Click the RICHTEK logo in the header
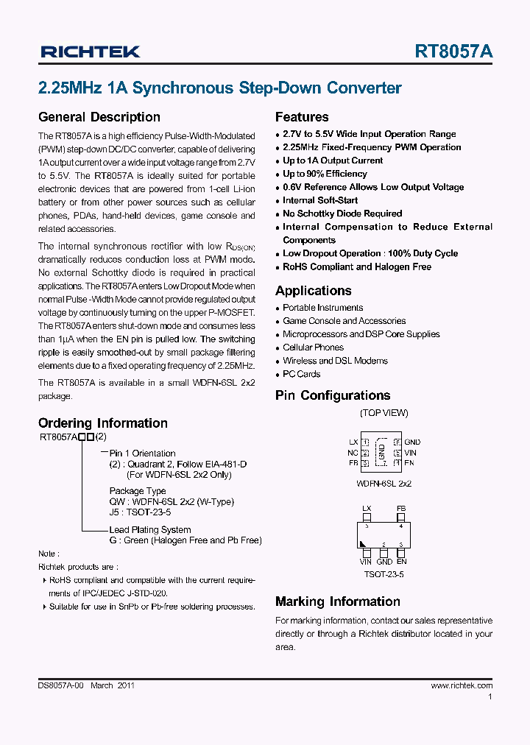tap(89, 52)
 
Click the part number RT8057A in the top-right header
tap(453, 52)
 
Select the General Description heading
tap(99, 117)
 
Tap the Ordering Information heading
tap(102, 423)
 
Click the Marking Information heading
tap(337, 601)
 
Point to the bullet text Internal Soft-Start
tap(320, 200)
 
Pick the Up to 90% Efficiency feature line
tap(325, 174)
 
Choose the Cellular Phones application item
tap(313, 347)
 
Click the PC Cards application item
tap(301, 374)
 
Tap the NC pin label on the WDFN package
tap(353, 453)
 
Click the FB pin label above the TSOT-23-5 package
tap(401, 509)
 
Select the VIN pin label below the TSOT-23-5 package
tap(366, 562)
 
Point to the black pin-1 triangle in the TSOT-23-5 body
tap(364, 544)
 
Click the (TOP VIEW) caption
tap(384, 413)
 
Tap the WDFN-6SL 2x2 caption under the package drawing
tap(384, 484)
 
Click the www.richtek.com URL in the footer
tap(462, 685)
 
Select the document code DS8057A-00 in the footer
tap(62, 685)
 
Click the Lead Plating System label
tap(149, 530)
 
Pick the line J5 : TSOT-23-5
tap(140, 512)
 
